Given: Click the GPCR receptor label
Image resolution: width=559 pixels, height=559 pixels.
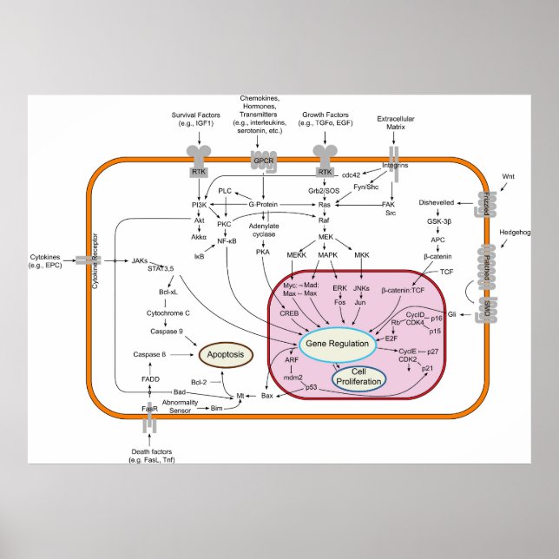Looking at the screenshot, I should pyautogui.click(x=263, y=161).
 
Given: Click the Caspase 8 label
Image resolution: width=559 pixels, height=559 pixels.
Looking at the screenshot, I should pyautogui.click(x=149, y=354).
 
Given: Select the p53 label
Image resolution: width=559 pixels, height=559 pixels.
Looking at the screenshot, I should pyautogui.click(x=311, y=386).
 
